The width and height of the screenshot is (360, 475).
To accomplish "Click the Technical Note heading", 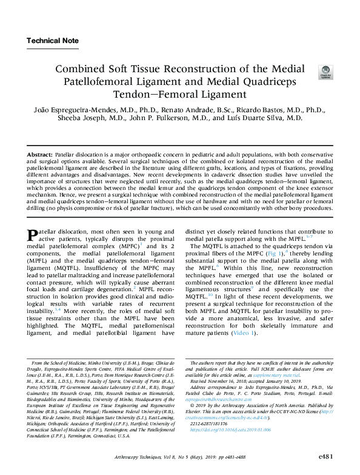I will (52, 41).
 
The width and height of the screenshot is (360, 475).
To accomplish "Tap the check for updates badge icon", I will (325, 73).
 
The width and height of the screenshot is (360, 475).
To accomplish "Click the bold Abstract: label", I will (41, 156).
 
